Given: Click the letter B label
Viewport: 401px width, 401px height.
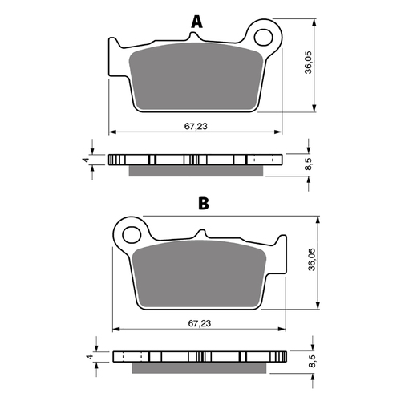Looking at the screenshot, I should pyautogui.click(x=204, y=204).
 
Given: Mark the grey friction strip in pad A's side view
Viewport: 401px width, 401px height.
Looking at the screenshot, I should pyautogui.click(x=196, y=170).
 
